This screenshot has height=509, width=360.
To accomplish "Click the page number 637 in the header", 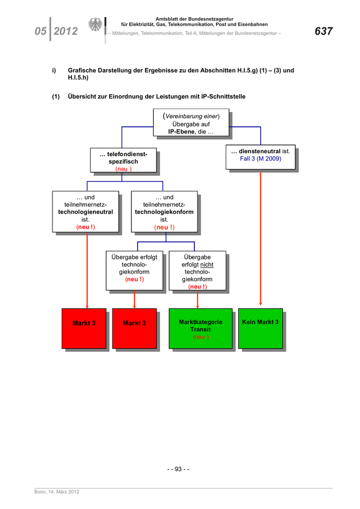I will tap(323, 31).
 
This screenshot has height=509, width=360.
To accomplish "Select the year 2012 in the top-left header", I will tap(65, 32).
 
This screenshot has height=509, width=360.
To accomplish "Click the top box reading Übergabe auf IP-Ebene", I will tap(191, 123).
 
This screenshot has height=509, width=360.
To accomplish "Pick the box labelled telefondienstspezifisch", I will tap(123, 161).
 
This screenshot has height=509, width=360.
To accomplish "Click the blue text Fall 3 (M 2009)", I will tap(260, 159).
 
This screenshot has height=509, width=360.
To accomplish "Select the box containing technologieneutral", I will tap(85, 212).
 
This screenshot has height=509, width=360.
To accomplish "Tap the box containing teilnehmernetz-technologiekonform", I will tap(164, 212).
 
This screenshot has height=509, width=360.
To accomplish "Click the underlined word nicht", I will tap(207, 264).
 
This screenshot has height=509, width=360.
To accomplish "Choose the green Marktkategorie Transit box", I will tap(201, 329).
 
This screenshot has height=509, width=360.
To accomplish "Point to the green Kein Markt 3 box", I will tap(260, 329).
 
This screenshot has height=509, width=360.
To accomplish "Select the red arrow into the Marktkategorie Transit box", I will tap(197, 300).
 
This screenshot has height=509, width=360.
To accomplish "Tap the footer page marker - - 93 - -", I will tap(178, 469).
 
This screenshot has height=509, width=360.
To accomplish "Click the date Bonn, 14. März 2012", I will tap(57, 492).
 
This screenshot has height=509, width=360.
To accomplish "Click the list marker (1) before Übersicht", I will tap(56, 96).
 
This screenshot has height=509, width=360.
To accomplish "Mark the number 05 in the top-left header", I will tap(41, 32).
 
